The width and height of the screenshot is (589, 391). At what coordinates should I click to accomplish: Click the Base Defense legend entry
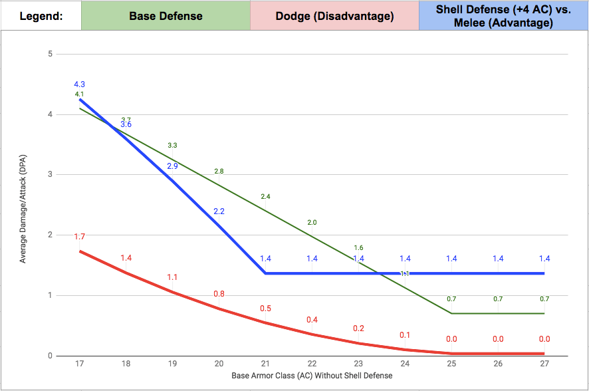click(166, 16)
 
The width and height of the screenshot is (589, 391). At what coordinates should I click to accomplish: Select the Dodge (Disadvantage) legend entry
click(334, 16)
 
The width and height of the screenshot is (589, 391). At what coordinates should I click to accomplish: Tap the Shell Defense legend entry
click(503, 16)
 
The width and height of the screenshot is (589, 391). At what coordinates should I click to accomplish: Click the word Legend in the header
click(41, 16)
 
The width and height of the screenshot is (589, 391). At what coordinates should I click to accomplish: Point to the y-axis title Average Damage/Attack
click(23, 205)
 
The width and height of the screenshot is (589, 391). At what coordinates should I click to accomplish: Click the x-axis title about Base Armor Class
click(312, 376)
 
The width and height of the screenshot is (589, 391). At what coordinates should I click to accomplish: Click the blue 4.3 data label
click(79, 84)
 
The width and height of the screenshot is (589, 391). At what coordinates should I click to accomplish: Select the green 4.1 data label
click(79, 94)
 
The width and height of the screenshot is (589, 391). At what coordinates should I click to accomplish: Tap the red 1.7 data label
click(79, 237)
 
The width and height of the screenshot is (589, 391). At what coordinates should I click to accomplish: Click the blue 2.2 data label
click(219, 211)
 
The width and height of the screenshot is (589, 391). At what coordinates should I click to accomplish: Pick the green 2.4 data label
click(265, 197)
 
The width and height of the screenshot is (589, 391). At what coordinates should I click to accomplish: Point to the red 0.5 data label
click(265, 309)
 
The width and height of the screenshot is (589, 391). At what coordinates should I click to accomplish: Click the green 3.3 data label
click(172, 145)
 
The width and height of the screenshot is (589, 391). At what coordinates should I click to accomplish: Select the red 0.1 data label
click(405, 334)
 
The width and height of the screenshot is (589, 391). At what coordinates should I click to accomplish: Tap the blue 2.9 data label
click(172, 166)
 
